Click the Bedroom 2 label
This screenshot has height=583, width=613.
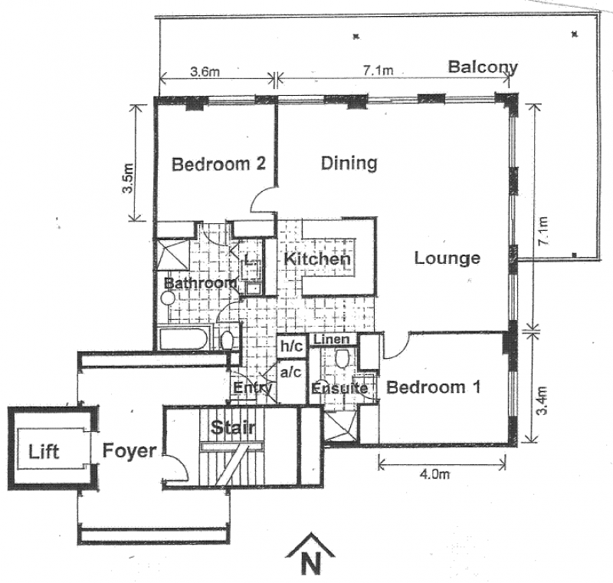[218, 163]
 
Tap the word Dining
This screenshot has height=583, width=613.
[349, 163]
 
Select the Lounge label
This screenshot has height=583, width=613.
[447, 258]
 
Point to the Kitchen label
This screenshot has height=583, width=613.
[317, 259]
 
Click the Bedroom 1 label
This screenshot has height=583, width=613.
[434, 387]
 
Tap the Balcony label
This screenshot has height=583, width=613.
[483, 67]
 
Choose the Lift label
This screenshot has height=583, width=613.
[44, 451]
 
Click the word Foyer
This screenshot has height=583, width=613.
[129, 450]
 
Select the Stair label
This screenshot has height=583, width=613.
[233, 427]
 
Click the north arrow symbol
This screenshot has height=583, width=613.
[311, 556]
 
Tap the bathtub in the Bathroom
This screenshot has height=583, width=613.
[184, 338]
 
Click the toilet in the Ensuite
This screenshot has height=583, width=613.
[343, 357]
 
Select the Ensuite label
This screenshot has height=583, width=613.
[339, 389]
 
